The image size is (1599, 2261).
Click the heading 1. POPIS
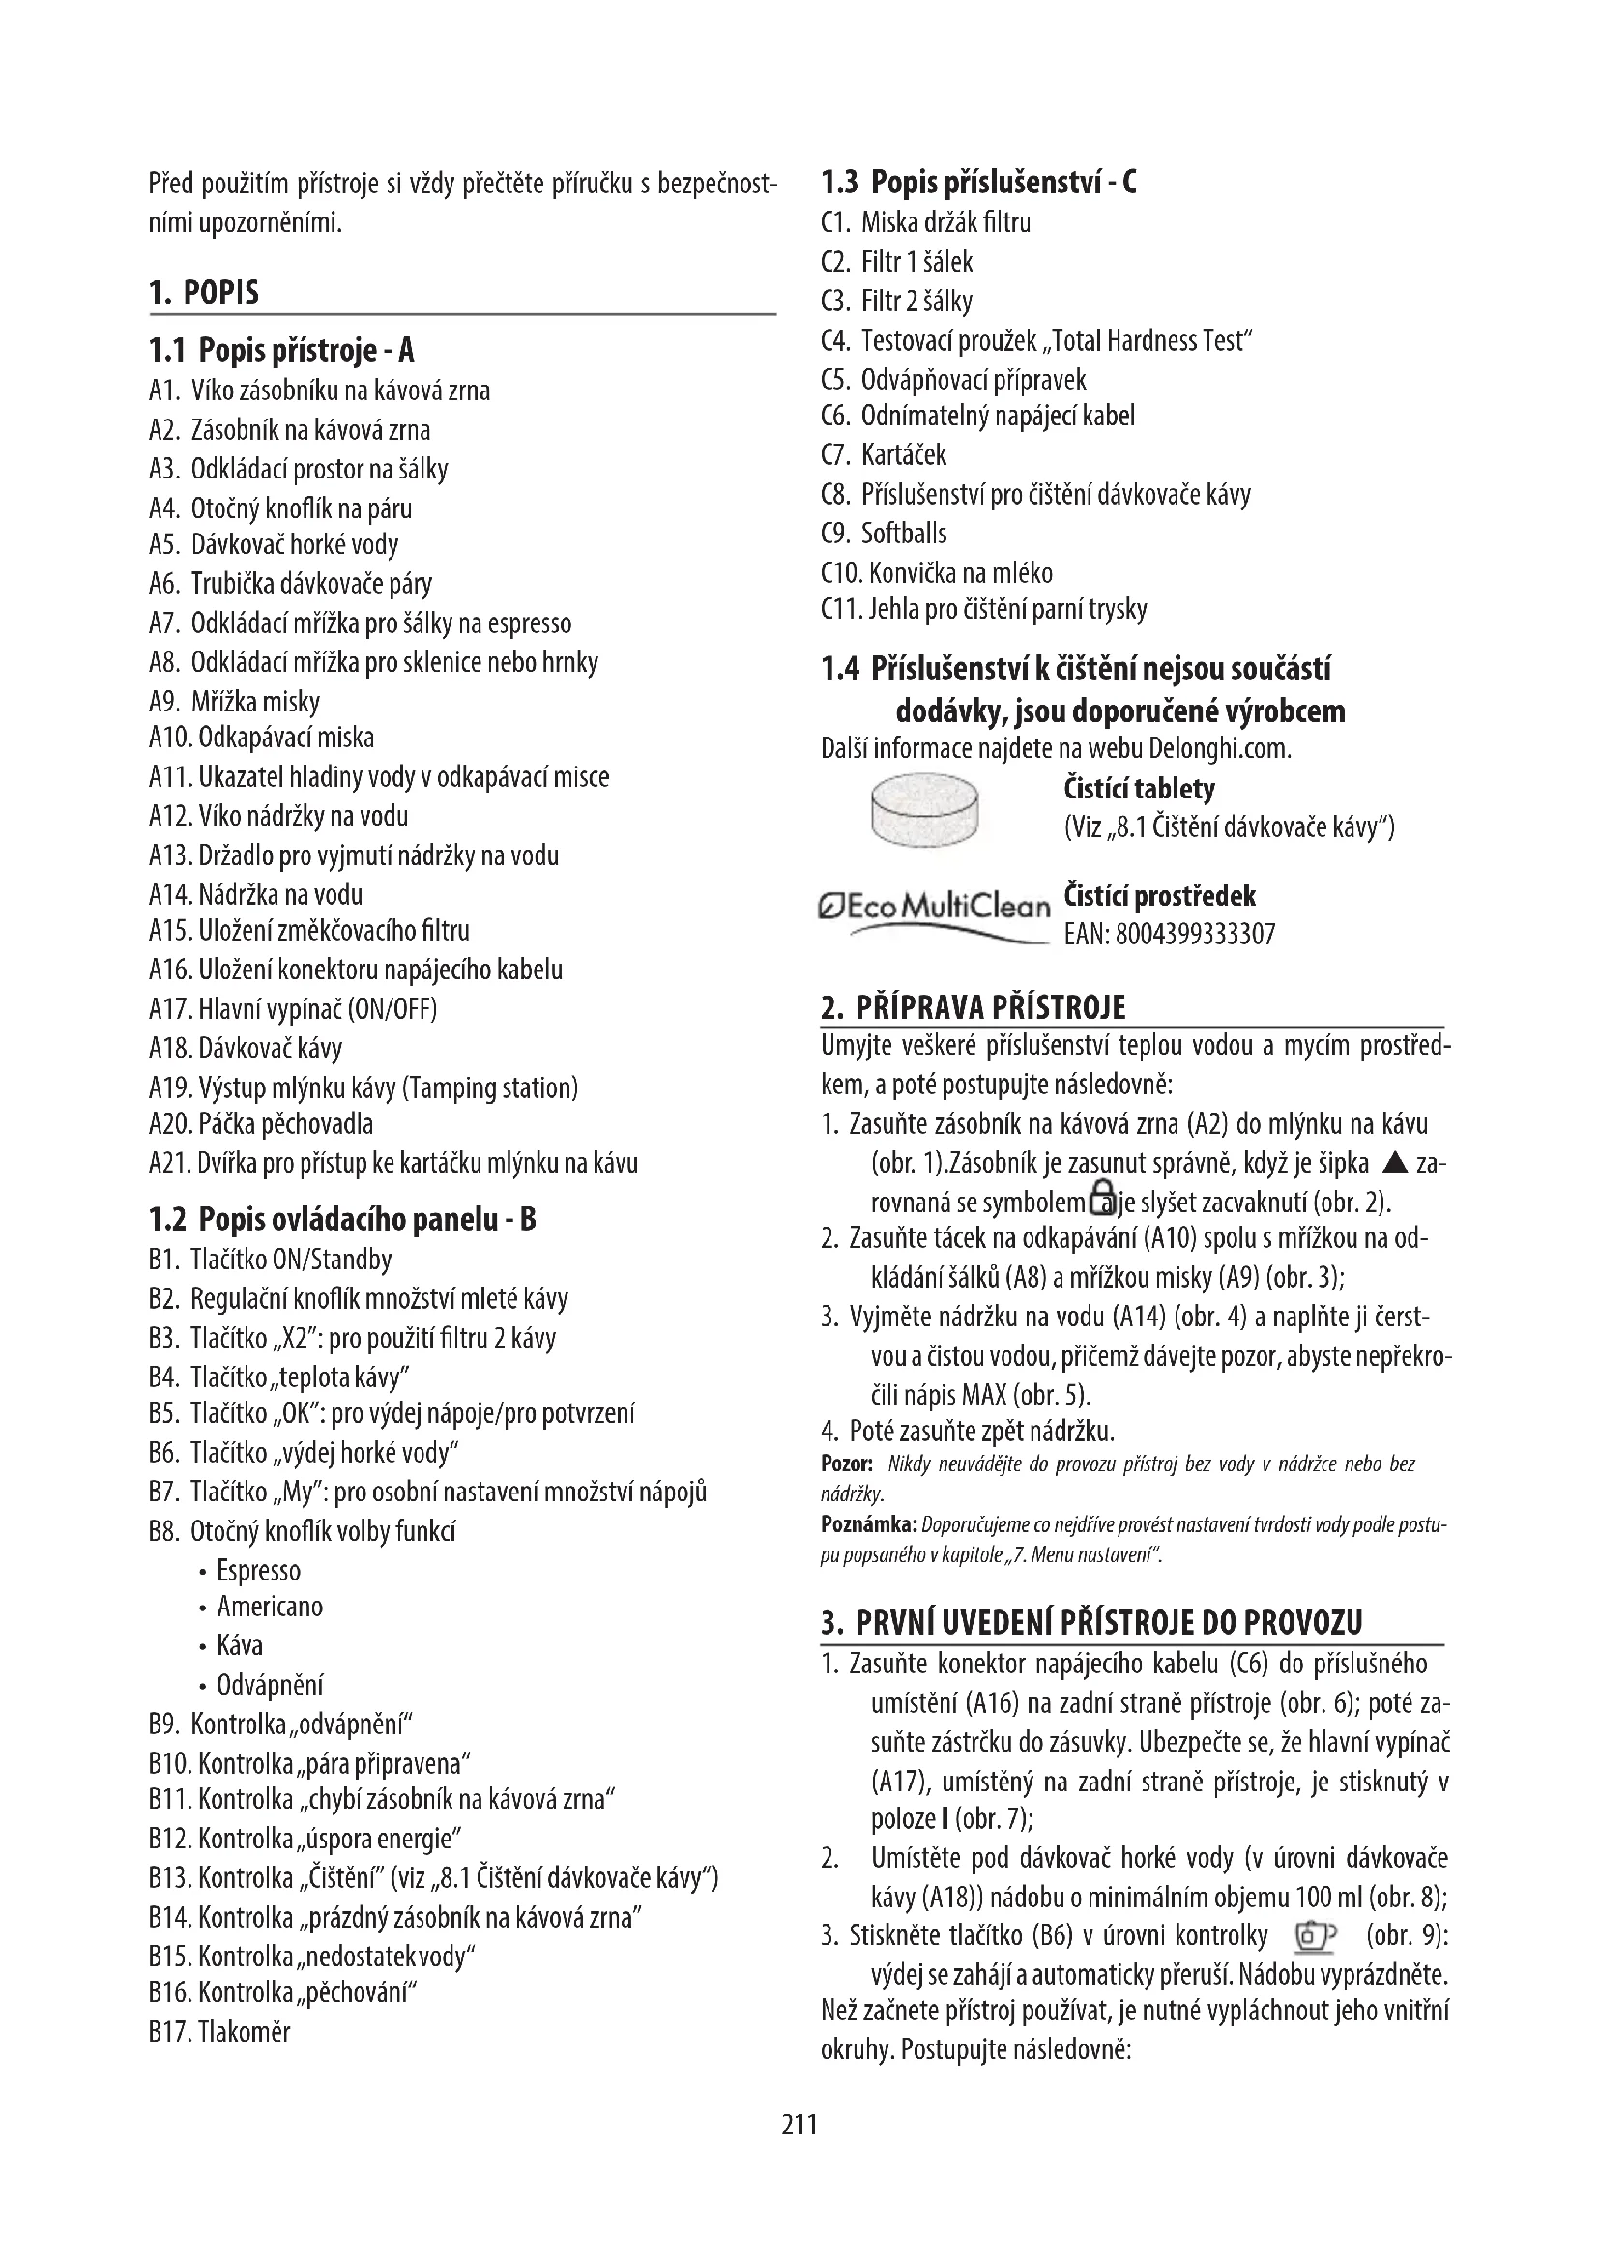[204, 294]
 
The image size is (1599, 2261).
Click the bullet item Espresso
[258, 1570]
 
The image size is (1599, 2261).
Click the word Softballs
[904, 534]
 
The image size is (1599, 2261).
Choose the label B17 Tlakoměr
[219, 2032]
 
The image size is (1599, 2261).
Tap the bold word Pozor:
[847, 1464]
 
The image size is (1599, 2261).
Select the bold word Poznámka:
[867, 1525]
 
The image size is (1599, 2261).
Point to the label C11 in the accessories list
[842, 611]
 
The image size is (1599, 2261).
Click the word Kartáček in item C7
[904, 455]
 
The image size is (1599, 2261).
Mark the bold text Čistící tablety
[1139, 789]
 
